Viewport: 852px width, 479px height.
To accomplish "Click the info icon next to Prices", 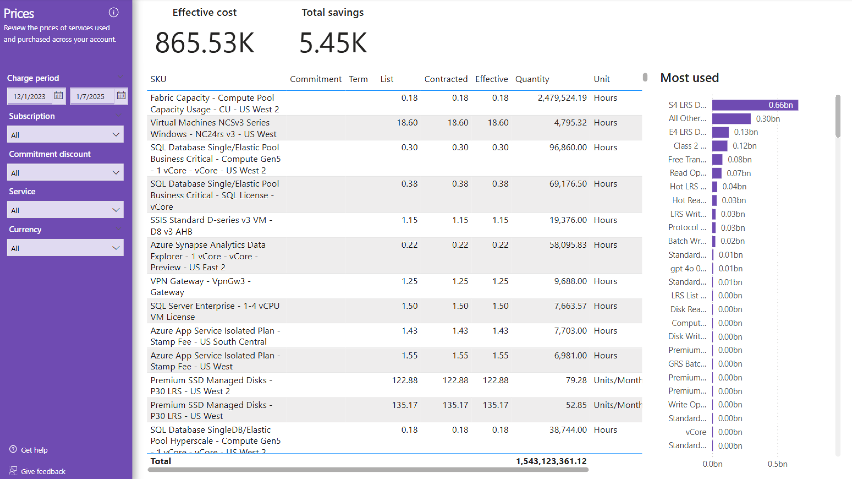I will [113, 13].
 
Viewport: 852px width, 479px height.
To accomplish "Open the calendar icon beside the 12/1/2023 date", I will [59, 96].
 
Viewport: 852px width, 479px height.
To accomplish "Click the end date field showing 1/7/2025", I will [90, 96].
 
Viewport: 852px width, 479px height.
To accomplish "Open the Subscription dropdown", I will [65, 134].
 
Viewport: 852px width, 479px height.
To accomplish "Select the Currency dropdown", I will [65, 248].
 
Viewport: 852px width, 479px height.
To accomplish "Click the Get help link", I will [34, 450].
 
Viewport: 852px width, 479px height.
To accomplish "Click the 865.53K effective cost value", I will [204, 43].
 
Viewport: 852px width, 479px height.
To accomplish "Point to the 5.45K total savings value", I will [333, 43].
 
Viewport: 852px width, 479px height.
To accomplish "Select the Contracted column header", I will [446, 79].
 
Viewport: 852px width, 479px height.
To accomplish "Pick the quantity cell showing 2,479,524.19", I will [562, 98].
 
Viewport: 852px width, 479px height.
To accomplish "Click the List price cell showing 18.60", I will [407, 123].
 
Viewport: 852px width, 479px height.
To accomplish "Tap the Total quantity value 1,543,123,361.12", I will [551, 461].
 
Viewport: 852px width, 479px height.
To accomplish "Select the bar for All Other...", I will [731, 119].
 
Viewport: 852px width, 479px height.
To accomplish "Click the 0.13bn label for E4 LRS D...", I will [745, 132].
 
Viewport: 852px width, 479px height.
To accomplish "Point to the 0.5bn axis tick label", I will [777, 464].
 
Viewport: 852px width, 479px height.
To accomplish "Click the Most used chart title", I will [689, 78].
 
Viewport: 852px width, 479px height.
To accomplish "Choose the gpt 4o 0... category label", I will [688, 268].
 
